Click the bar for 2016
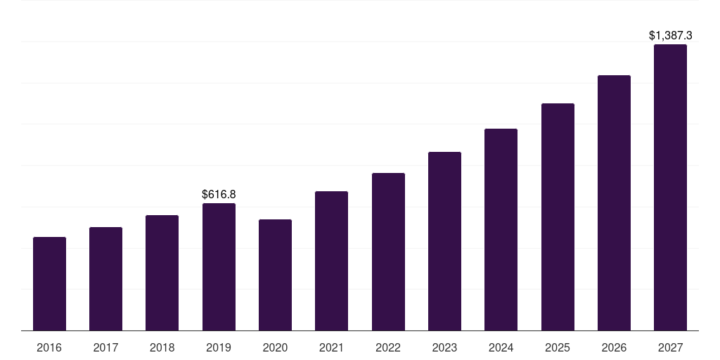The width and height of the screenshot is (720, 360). pyautogui.click(x=49, y=284)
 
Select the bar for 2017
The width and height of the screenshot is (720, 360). pyautogui.click(x=105, y=279)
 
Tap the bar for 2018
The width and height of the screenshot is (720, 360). pyautogui.click(x=162, y=273)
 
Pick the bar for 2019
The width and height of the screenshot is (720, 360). pyautogui.click(x=219, y=267)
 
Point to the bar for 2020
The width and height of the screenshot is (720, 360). pyautogui.click(x=275, y=275)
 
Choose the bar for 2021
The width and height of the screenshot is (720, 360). pyautogui.click(x=331, y=261)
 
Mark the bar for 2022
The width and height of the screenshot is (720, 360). pyautogui.click(x=388, y=252)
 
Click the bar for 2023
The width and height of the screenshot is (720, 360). pyautogui.click(x=444, y=241)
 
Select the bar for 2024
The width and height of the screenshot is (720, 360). pyautogui.click(x=501, y=230)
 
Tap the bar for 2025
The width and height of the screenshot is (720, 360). pyautogui.click(x=558, y=217)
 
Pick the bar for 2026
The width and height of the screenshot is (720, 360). pyautogui.click(x=614, y=203)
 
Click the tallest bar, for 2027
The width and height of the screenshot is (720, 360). pyautogui.click(x=670, y=188)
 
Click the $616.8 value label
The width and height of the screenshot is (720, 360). pyautogui.click(x=219, y=194)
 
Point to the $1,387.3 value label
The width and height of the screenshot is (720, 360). pyautogui.click(x=670, y=35)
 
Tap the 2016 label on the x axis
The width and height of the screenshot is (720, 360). pyautogui.click(x=49, y=347)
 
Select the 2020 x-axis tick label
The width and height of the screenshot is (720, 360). pyautogui.click(x=275, y=347)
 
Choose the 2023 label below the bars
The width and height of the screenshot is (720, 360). pyautogui.click(x=444, y=347)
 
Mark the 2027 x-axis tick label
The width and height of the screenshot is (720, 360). pyautogui.click(x=670, y=347)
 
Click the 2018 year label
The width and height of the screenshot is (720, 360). pyautogui.click(x=162, y=347)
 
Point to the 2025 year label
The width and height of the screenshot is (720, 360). pyautogui.click(x=558, y=347)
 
